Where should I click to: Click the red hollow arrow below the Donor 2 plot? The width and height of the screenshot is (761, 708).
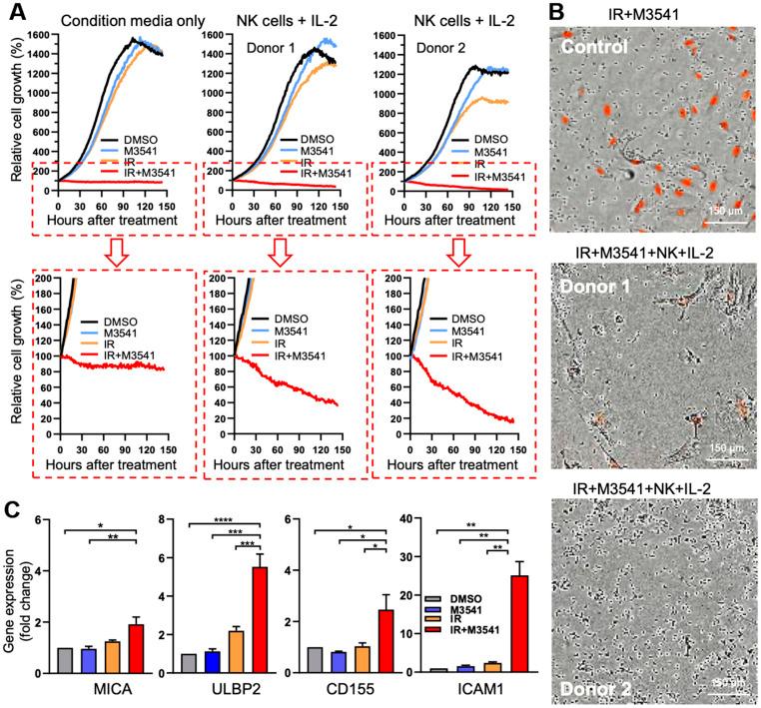point(457,258)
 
